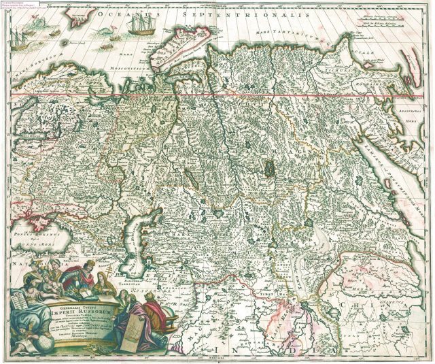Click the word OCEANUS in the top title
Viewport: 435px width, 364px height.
(121, 14)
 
